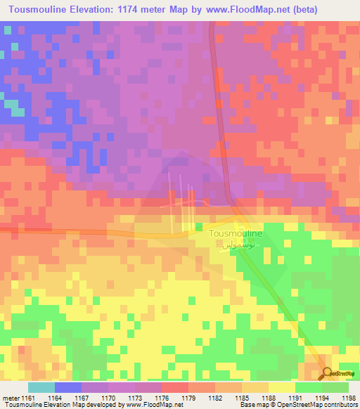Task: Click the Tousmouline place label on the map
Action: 236,233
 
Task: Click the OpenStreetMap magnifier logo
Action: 327,373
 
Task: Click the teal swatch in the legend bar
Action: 41,387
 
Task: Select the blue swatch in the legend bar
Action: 67,387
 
